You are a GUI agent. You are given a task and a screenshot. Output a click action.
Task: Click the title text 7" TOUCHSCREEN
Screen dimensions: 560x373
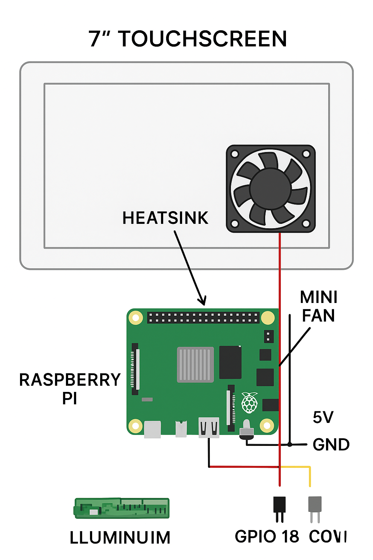188,39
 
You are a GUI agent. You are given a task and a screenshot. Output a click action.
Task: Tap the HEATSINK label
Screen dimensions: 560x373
165,218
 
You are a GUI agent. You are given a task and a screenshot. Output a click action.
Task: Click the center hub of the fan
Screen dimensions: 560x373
270,189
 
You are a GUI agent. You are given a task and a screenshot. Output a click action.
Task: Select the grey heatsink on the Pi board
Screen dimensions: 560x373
195,365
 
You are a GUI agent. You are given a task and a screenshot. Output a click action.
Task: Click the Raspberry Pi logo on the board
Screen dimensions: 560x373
250,402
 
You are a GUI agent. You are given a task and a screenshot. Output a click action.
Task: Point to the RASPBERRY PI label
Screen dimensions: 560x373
70,389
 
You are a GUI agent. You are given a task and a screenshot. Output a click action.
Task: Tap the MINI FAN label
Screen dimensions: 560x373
318,307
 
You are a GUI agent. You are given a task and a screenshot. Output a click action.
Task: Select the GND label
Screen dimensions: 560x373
331,445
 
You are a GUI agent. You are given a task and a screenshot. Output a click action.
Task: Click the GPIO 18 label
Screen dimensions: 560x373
267,537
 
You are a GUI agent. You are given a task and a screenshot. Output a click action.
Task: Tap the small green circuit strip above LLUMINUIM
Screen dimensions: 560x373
122,508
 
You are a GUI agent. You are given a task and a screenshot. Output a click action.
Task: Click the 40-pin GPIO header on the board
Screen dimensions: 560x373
203,318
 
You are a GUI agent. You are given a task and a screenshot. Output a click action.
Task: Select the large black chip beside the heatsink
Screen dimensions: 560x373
230,362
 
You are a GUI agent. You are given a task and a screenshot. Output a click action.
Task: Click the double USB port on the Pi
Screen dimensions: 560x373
209,427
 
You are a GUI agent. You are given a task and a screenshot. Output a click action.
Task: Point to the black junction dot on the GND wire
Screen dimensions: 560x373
290,444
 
